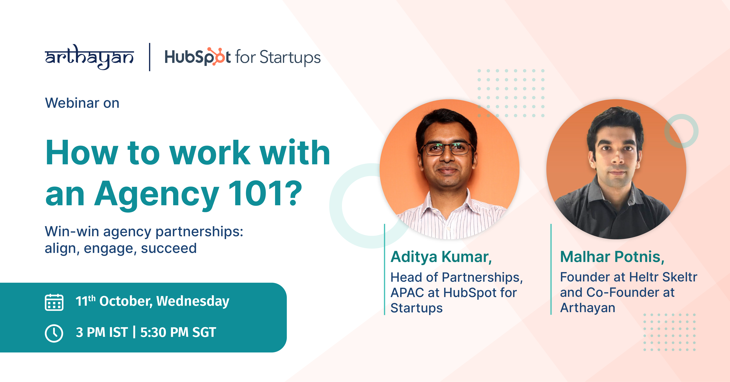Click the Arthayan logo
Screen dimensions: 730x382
pos(89,57)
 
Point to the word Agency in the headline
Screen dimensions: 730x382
pos(157,196)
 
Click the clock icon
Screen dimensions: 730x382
pos(54,333)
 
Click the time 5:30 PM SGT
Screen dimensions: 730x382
pos(178,332)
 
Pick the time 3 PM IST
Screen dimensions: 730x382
pos(102,332)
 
